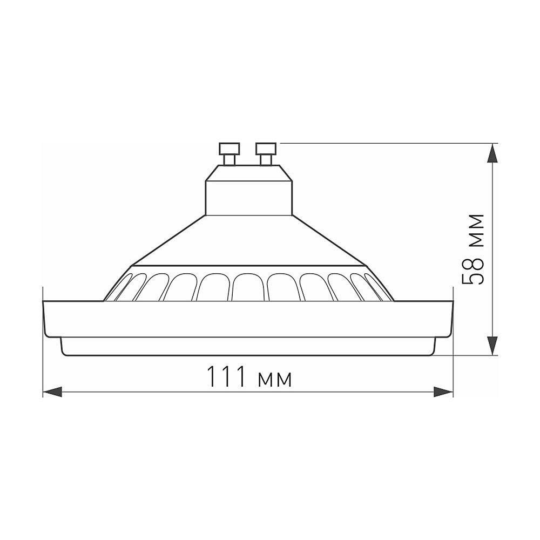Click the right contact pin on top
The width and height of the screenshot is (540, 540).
point(266,153)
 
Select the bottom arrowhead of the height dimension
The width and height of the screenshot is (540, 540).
point(492,345)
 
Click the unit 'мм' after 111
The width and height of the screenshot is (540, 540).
point(275,379)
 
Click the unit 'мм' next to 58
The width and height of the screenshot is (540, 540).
point(474,230)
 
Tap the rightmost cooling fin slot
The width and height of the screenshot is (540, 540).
point(376,286)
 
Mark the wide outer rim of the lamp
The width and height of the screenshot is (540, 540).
point(248,319)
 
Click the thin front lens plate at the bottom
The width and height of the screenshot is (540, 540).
point(248,347)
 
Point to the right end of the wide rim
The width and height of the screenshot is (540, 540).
point(451,319)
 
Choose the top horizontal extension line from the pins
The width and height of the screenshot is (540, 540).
point(378,143)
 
